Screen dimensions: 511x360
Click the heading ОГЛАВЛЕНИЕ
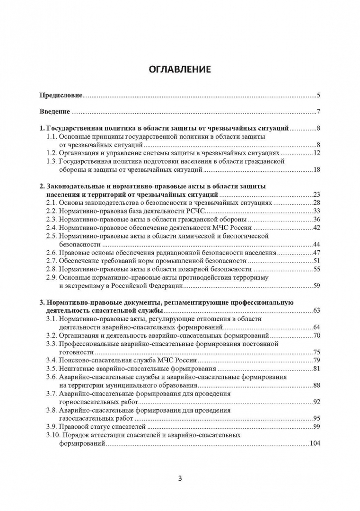tap(180, 70)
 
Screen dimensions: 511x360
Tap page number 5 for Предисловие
tap(319, 96)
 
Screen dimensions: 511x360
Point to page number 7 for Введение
tap(319, 112)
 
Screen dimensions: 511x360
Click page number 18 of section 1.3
tap(317, 169)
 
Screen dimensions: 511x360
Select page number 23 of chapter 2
tap(317, 194)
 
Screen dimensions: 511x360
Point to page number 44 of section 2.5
tap(317, 244)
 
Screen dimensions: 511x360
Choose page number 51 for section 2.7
tap(317, 261)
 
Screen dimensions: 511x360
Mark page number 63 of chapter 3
tap(317, 310)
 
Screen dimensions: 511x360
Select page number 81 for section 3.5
tap(317, 369)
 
